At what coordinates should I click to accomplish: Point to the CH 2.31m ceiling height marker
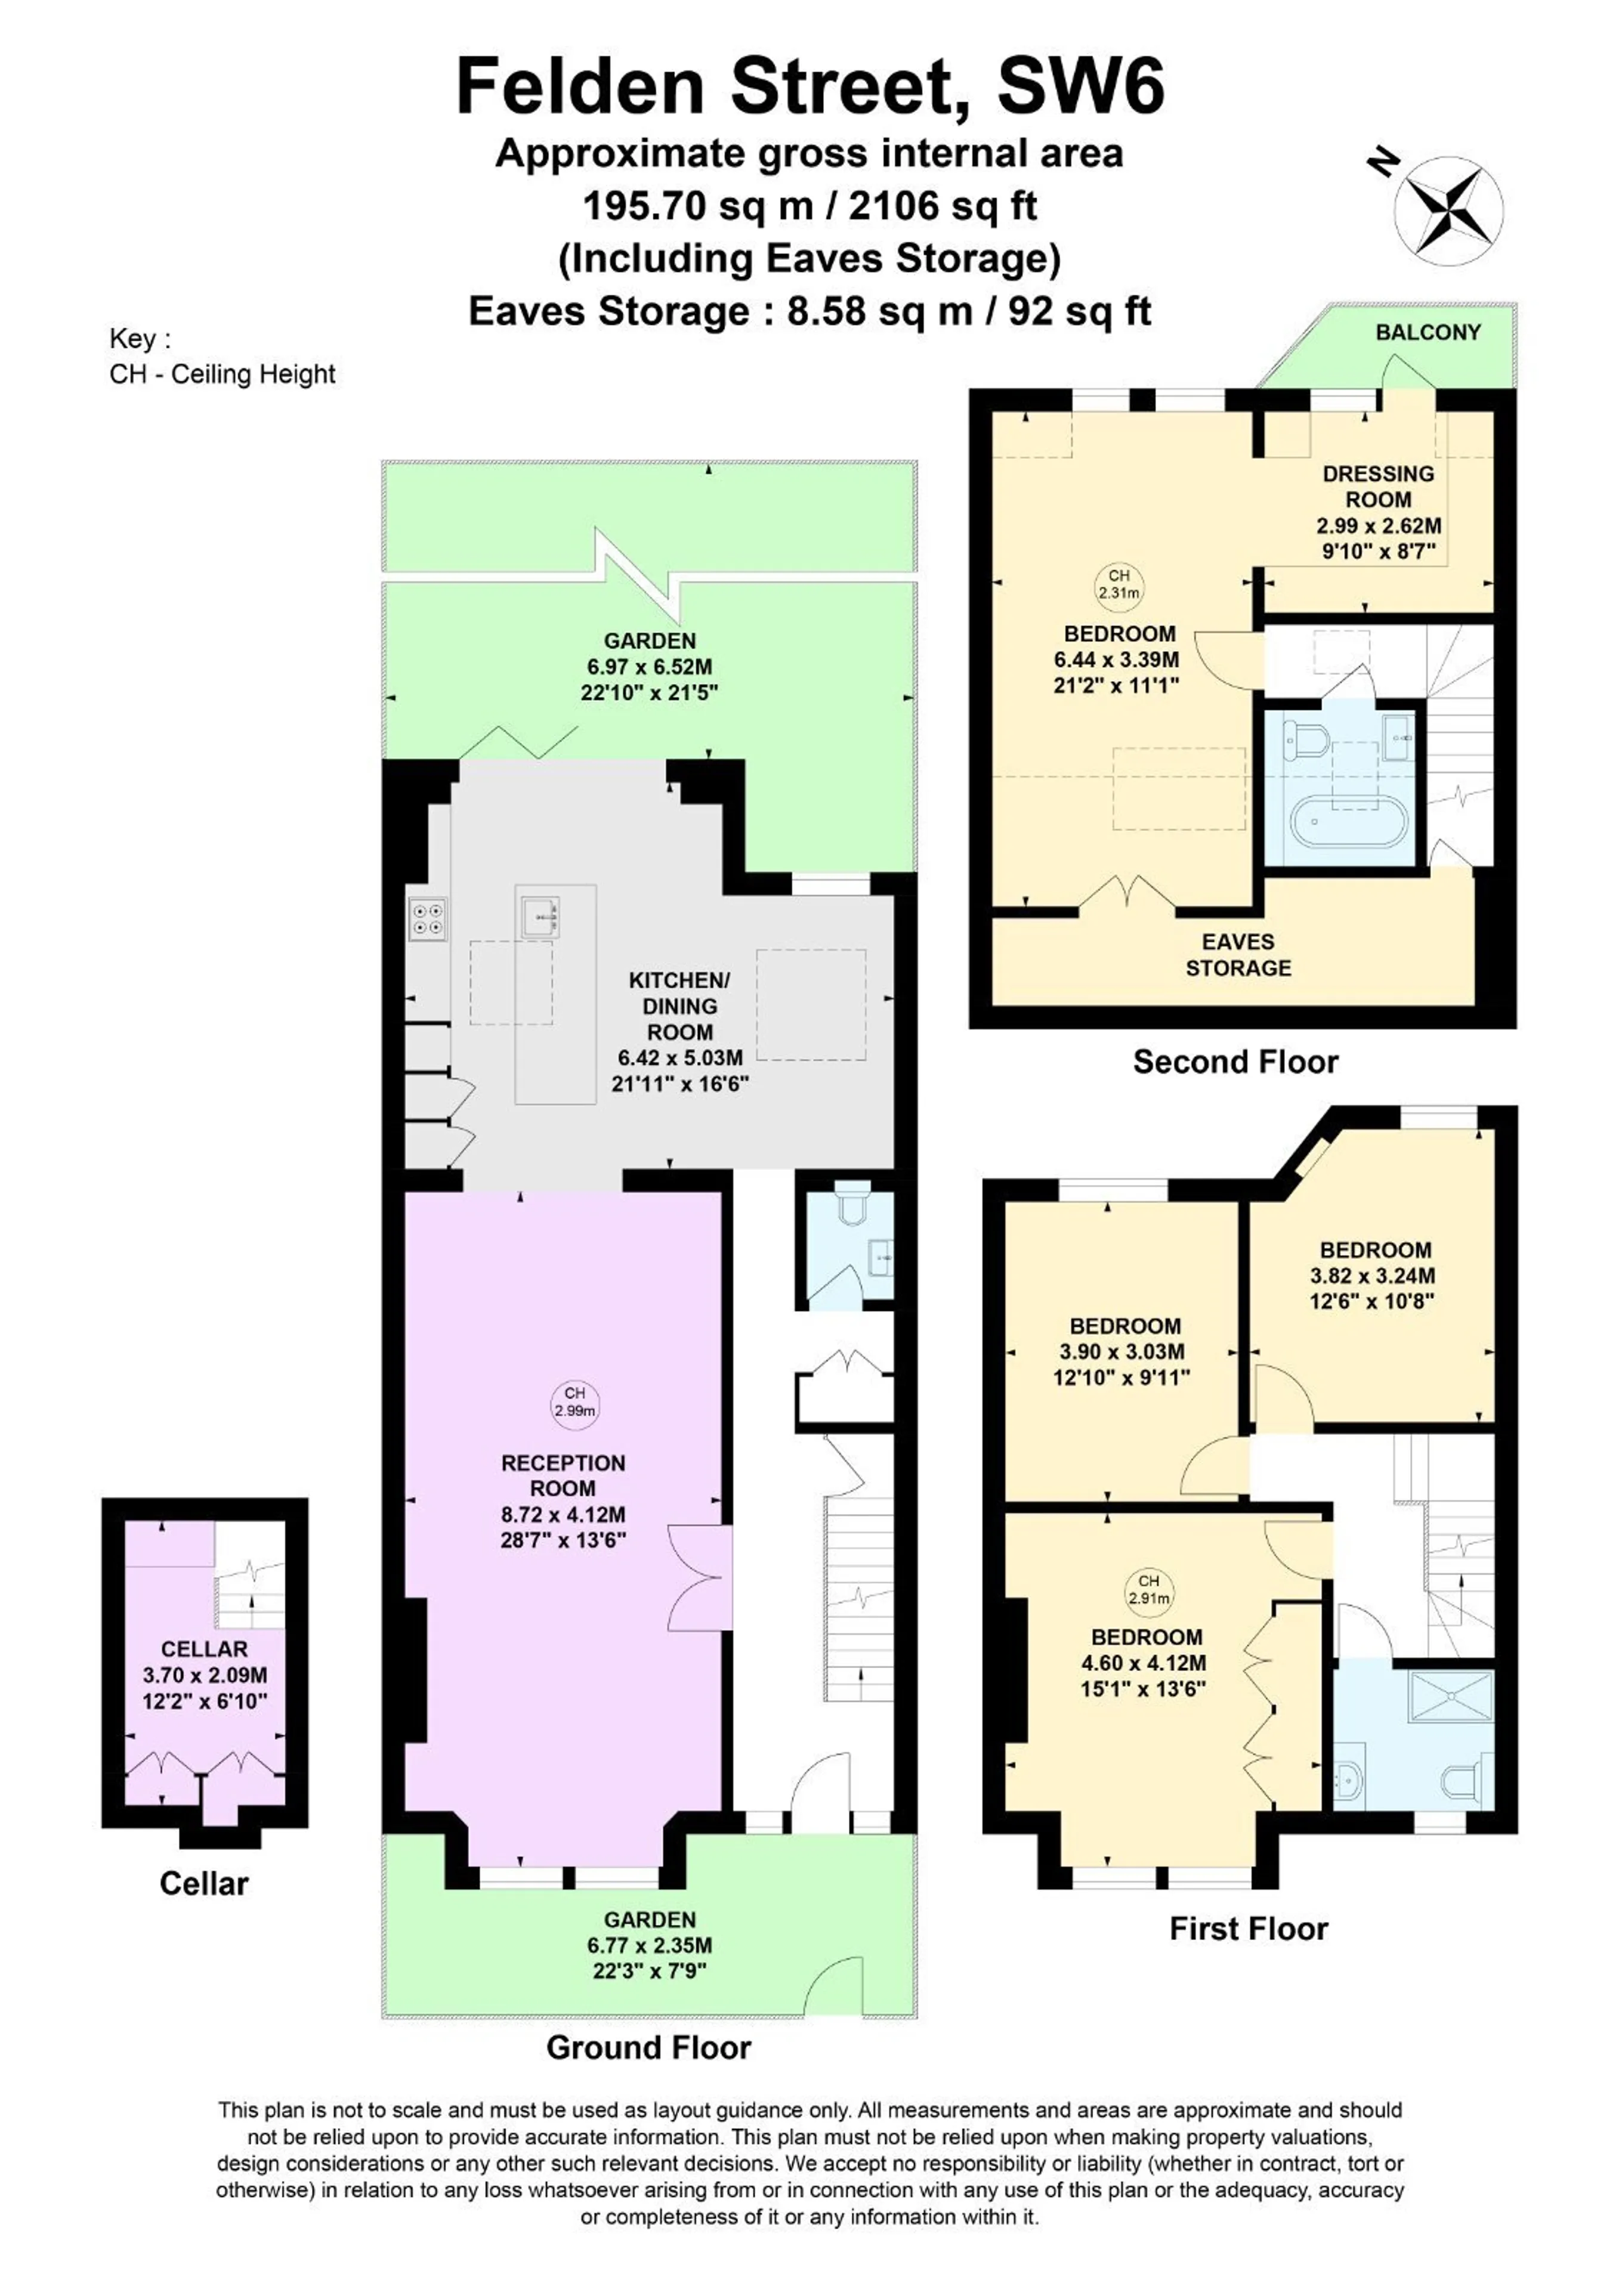[1119, 583]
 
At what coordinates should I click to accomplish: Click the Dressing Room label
[1379, 487]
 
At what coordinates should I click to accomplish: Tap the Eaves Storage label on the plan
[1238, 955]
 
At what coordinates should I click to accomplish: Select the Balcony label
[1429, 332]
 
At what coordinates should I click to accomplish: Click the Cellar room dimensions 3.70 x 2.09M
[205, 1676]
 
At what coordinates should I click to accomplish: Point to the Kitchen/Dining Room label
[679, 1005]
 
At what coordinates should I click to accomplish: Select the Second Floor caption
[1235, 1062]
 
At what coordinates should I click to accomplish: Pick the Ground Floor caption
[648, 2048]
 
